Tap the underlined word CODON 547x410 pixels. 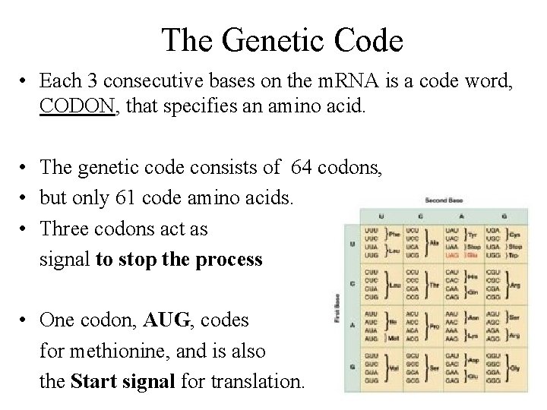(77, 107)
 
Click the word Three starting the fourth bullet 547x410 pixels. (65, 229)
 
